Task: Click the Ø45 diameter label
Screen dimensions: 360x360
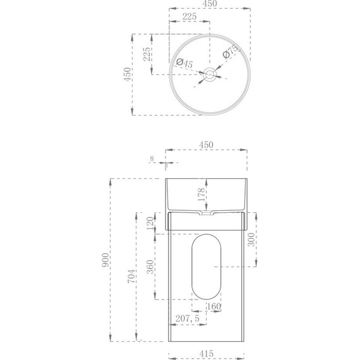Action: pos(184,63)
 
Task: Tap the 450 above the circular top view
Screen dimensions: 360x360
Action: pos(208,4)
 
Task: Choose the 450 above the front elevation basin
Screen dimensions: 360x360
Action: pos(207,145)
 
